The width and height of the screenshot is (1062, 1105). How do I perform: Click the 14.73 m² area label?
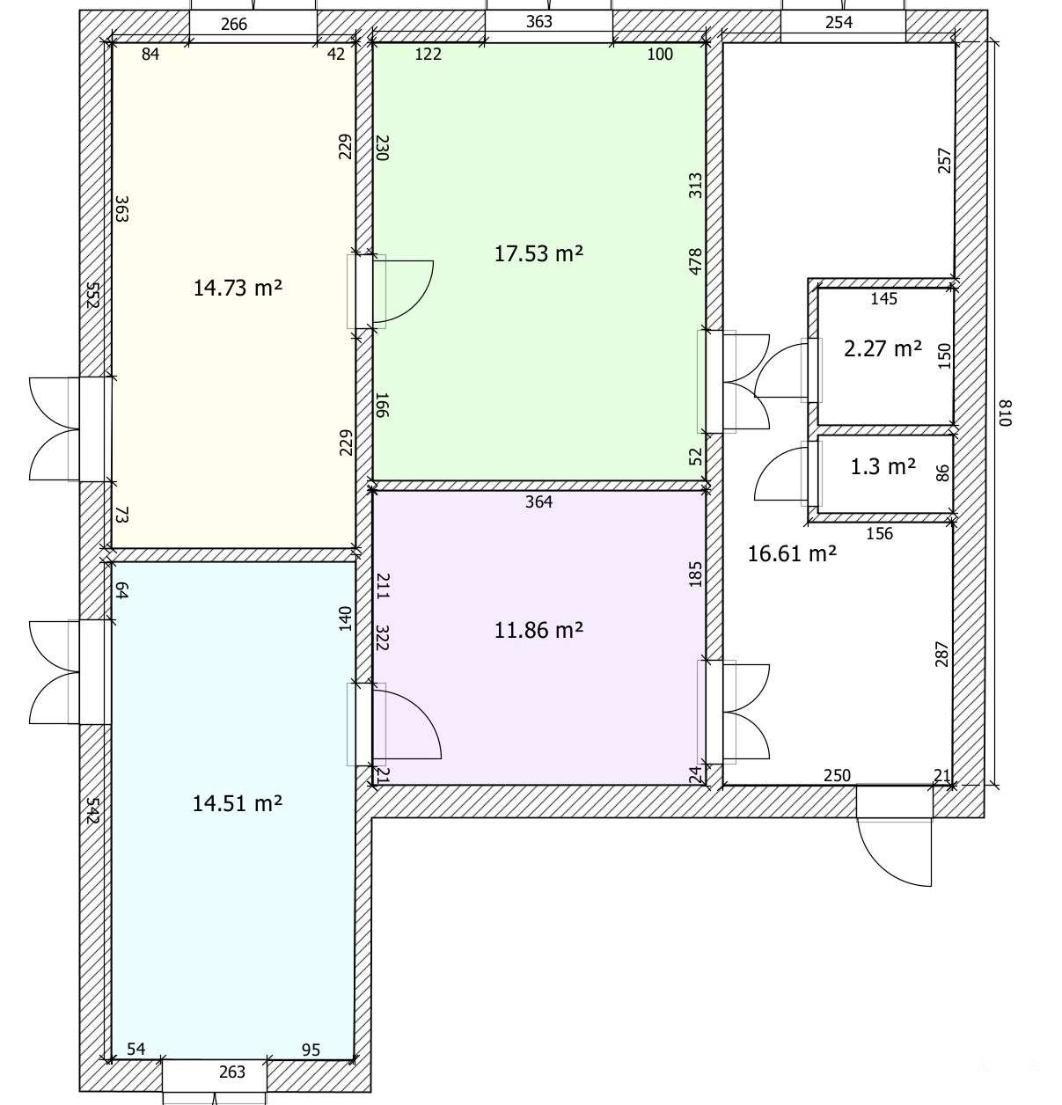[238, 288]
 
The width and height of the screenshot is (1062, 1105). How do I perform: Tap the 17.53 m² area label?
[538, 253]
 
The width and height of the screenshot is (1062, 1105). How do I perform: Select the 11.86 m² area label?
[538, 630]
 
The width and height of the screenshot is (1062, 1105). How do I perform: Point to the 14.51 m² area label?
[238, 803]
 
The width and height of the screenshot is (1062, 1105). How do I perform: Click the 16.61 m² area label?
[792, 553]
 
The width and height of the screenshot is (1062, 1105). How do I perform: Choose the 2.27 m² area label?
[883, 348]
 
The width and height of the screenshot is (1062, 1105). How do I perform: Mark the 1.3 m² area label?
[883, 466]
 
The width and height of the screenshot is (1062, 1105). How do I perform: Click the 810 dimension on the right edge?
[1005, 413]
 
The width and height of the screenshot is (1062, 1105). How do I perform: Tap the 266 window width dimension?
[233, 24]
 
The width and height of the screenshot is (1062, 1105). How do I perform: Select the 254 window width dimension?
[839, 22]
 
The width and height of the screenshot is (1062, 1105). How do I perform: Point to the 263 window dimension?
[232, 1072]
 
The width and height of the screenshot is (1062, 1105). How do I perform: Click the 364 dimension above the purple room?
[538, 502]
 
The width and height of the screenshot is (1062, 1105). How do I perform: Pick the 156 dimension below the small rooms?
[879, 534]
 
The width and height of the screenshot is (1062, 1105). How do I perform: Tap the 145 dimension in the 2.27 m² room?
[883, 298]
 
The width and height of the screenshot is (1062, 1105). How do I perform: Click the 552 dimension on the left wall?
[92, 295]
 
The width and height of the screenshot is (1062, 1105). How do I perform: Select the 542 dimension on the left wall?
[92, 811]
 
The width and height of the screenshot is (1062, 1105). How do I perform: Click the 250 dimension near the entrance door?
[837, 776]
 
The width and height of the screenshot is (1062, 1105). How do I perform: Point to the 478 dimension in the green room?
[696, 262]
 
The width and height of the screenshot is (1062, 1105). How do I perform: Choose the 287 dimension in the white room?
[941, 655]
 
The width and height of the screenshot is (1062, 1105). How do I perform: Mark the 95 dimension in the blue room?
[311, 1050]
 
